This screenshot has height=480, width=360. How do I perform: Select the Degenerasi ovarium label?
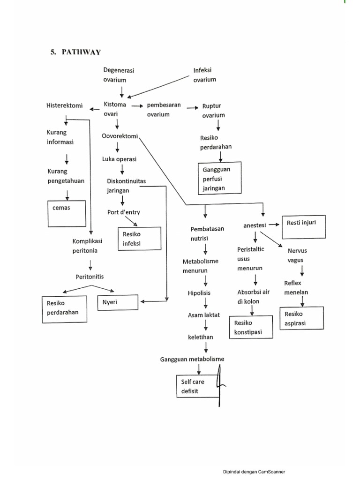(x=119, y=75)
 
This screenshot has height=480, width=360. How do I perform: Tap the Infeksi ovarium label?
(x=204, y=75)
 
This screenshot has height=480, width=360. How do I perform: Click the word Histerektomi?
(x=65, y=105)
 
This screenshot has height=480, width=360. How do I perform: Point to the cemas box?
(x=67, y=213)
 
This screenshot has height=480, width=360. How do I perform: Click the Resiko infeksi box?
(x=140, y=239)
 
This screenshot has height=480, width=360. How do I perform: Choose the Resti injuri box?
(x=303, y=227)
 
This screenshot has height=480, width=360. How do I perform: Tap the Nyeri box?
(x=118, y=303)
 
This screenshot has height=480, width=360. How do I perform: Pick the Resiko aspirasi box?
(x=301, y=319)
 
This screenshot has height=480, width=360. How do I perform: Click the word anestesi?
(x=255, y=225)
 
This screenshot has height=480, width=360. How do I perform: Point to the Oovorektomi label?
(x=120, y=136)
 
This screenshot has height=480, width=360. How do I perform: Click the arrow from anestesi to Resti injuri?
(x=274, y=225)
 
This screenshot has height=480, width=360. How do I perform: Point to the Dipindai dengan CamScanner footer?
(x=254, y=472)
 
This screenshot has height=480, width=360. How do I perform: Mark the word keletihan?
(x=201, y=337)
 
